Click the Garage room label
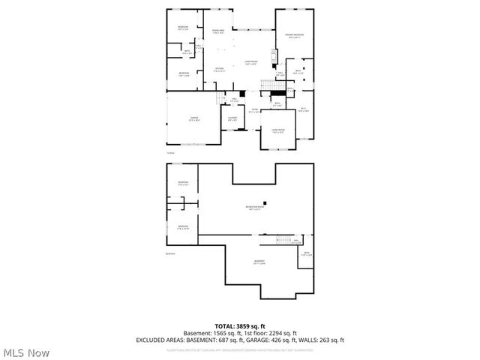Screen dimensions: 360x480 [193, 118]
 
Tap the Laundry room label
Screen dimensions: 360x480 [232, 118]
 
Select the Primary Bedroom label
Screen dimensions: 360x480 [293, 36]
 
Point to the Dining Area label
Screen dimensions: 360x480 [218, 31]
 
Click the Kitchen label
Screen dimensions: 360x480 [219, 70]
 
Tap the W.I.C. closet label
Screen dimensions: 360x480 [304, 109]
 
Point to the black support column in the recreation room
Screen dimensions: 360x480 [264, 200]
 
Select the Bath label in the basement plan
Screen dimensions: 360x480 [305, 253]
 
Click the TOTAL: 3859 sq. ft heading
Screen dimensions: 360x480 [241, 326]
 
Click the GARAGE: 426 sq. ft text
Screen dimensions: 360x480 [277, 340]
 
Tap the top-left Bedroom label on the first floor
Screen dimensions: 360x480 [183, 28]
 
